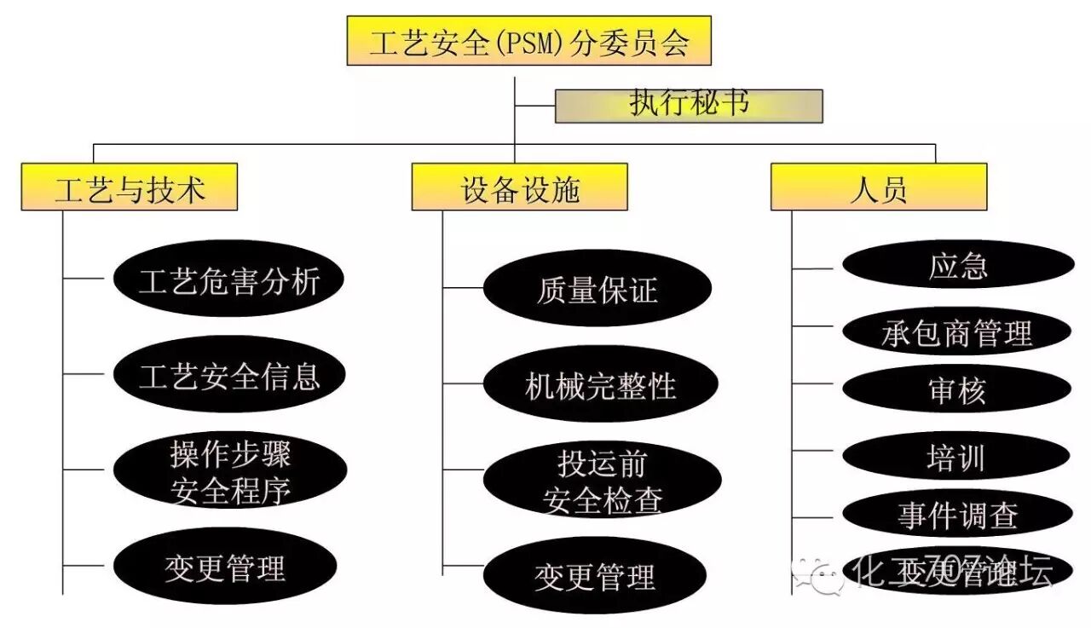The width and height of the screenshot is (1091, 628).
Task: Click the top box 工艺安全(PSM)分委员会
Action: (x=528, y=41)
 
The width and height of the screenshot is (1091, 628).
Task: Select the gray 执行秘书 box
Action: (x=689, y=105)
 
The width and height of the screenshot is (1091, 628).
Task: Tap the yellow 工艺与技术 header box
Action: (x=130, y=187)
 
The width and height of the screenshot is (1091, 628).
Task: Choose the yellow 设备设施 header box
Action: (x=519, y=187)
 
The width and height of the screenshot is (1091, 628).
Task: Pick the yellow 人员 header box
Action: (x=878, y=187)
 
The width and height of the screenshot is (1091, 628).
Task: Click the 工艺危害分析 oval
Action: (x=229, y=279)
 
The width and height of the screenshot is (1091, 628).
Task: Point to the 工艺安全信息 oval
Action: (x=229, y=374)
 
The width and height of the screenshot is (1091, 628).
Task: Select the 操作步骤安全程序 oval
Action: (x=229, y=471)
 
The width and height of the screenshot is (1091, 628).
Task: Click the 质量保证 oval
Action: (x=597, y=289)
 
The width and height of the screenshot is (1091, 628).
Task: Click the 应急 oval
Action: (x=957, y=265)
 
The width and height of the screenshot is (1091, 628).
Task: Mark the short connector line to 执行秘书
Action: (x=535, y=107)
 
